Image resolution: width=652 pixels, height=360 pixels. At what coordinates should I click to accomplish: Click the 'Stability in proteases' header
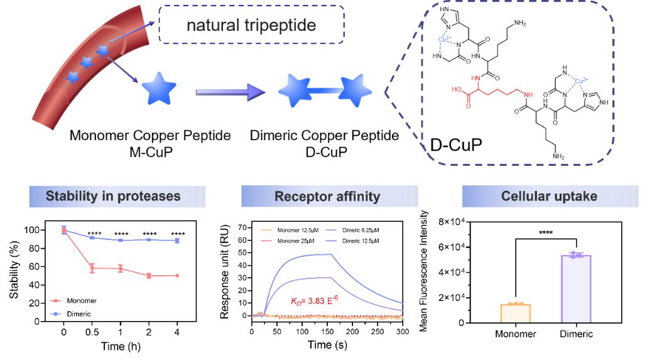click(113, 197)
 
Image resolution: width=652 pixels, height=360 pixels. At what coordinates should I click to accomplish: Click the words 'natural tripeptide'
click(251, 26)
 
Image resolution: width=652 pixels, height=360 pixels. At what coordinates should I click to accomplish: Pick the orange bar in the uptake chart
click(516, 313)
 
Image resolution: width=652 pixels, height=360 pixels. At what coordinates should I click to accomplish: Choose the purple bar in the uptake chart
click(576, 288)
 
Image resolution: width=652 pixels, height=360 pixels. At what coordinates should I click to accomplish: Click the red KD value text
click(315, 301)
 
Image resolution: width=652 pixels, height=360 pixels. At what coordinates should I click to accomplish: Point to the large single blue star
click(160, 89)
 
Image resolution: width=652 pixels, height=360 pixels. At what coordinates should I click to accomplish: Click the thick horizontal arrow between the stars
click(230, 92)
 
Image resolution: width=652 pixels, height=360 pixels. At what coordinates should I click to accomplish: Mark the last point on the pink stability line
click(177, 275)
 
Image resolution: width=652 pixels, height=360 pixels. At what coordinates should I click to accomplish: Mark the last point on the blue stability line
click(177, 240)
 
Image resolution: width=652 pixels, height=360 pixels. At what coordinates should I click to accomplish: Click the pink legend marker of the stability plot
click(55, 301)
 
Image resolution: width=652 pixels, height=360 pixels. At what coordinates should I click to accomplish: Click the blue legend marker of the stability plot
click(55, 314)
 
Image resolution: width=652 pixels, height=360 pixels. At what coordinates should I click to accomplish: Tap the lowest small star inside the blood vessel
click(73, 77)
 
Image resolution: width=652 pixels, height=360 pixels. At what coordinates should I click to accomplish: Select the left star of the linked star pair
click(295, 90)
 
